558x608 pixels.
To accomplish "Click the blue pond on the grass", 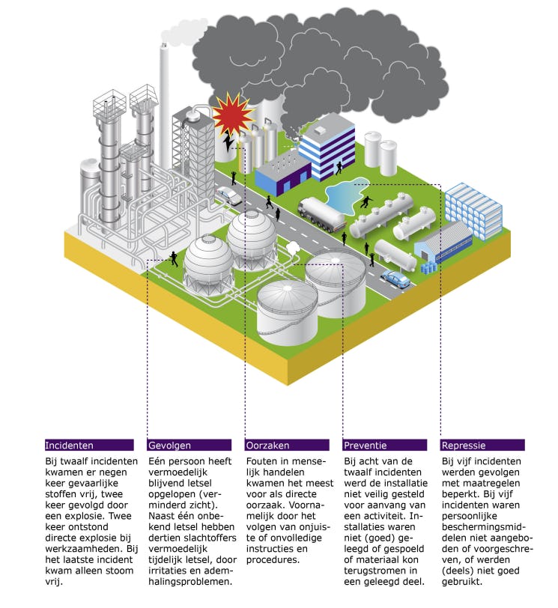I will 353,195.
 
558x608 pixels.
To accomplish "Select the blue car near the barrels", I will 396,279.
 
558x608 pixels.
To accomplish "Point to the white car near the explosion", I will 229,196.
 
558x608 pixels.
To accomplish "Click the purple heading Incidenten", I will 70,445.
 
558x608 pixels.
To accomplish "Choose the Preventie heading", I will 366,445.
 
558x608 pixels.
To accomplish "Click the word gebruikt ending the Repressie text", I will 463,580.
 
